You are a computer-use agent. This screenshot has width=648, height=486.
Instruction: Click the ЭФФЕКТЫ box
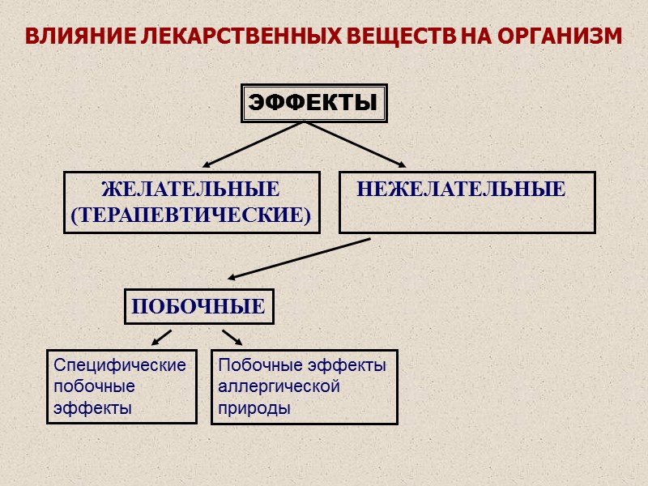[x=313, y=103]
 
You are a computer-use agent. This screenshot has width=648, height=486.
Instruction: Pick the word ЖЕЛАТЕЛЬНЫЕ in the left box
[x=190, y=190]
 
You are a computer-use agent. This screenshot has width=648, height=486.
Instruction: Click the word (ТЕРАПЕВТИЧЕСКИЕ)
[x=191, y=215]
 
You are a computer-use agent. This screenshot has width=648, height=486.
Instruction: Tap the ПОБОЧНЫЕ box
[x=198, y=307]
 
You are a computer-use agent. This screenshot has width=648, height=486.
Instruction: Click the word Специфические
[x=120, y=365]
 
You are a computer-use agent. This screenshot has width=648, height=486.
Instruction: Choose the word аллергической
[x=279, y=386]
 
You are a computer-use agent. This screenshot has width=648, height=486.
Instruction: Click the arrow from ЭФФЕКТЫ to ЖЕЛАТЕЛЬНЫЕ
[x=253, y=145]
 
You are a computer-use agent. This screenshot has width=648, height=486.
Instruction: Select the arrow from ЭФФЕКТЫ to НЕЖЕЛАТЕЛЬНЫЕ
[x=355, y=145]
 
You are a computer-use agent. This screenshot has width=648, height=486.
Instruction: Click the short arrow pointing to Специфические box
[x=161, y=336]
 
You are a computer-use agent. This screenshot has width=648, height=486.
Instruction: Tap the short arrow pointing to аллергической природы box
[x=232, y=336]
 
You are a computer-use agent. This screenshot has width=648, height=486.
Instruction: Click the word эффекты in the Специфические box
[x=92, y=408]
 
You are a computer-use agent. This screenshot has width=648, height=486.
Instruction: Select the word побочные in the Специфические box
[x=94, y=386]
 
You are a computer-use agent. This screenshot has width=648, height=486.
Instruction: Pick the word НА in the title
[x=475, y=37]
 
